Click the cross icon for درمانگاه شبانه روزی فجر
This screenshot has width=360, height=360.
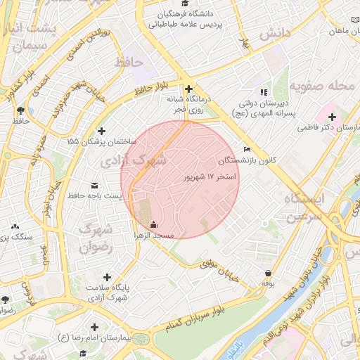188,88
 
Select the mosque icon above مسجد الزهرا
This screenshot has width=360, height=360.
154,224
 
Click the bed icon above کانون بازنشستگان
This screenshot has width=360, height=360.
246,149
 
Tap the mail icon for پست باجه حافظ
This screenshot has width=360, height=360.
94,185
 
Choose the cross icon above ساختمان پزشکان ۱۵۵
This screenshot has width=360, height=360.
102,131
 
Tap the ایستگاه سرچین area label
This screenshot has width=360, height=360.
305,207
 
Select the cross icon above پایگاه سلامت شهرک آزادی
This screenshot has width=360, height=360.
107,277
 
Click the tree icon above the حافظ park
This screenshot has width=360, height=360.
20,110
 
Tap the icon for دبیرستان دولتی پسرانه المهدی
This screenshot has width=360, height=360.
264,92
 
